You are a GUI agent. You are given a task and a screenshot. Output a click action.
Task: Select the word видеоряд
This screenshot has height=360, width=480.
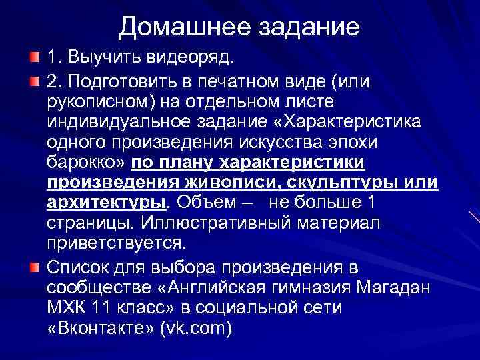tap(194, 61)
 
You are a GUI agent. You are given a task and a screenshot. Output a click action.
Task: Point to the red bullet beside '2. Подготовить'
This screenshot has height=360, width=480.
tap(34, 82)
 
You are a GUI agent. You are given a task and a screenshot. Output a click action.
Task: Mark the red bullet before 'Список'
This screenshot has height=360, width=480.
tap(34, 249)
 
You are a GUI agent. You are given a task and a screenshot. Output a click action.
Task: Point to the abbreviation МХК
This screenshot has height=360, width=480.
tap(69, 309)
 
